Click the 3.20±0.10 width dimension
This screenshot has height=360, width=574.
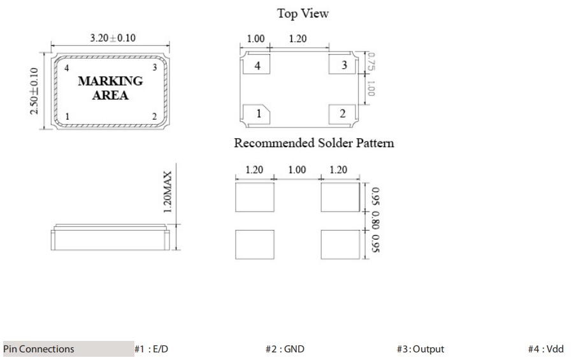click(113, 38)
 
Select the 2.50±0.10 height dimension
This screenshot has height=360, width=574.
click(34, 91)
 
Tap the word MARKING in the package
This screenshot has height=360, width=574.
click(111, 81)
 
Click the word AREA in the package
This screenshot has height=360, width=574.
click(111, 95)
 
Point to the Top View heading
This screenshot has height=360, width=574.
click(303, 13)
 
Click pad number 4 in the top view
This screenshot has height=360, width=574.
click(257, 64)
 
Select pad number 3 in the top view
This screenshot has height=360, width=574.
click(343, 64)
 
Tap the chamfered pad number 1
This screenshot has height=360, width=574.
click(257, 114)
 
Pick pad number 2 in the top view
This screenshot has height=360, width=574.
click(343, 114)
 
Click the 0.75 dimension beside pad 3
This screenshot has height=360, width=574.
click(371, 62)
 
